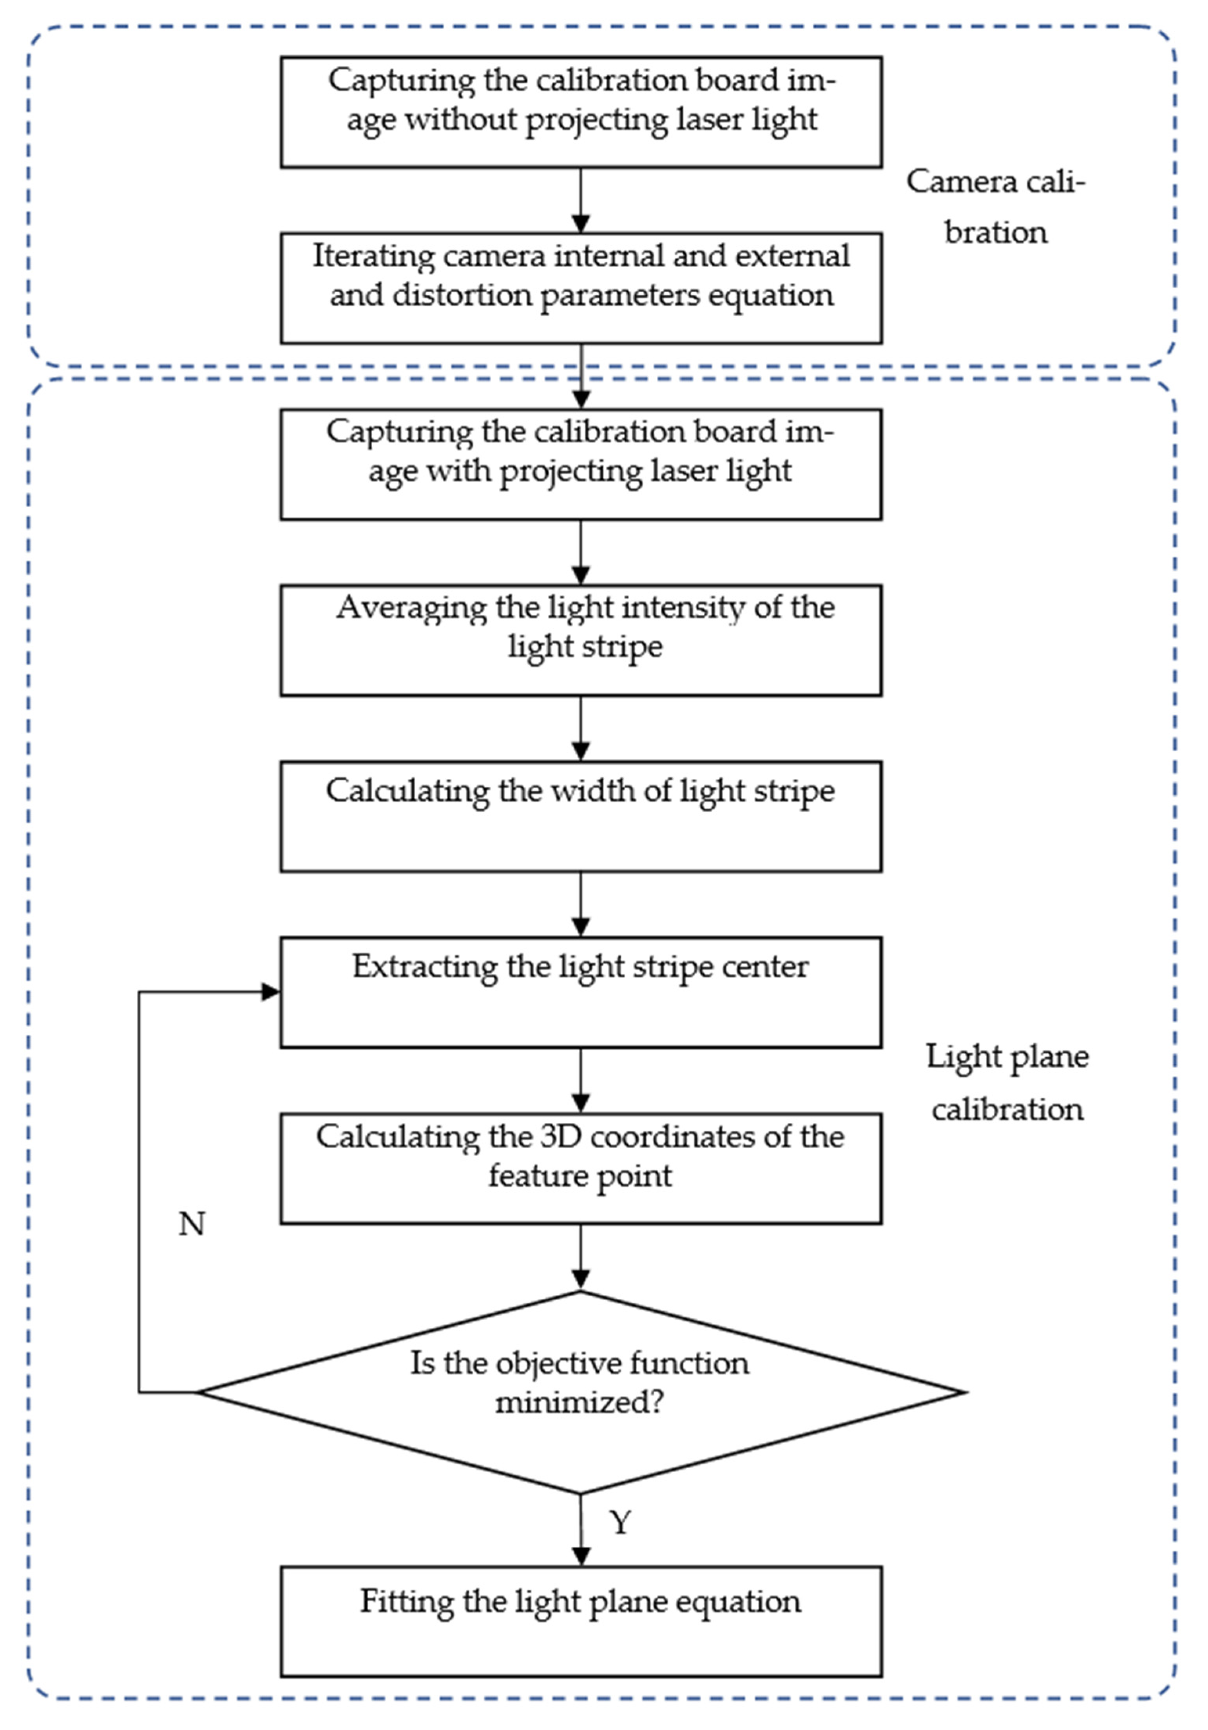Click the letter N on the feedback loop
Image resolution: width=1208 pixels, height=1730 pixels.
click(x=192, y=1224)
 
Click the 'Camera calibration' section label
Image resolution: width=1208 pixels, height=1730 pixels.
click(x=996, y=206)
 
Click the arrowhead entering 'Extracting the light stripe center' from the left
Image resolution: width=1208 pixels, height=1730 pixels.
click(x=270, y=992)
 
